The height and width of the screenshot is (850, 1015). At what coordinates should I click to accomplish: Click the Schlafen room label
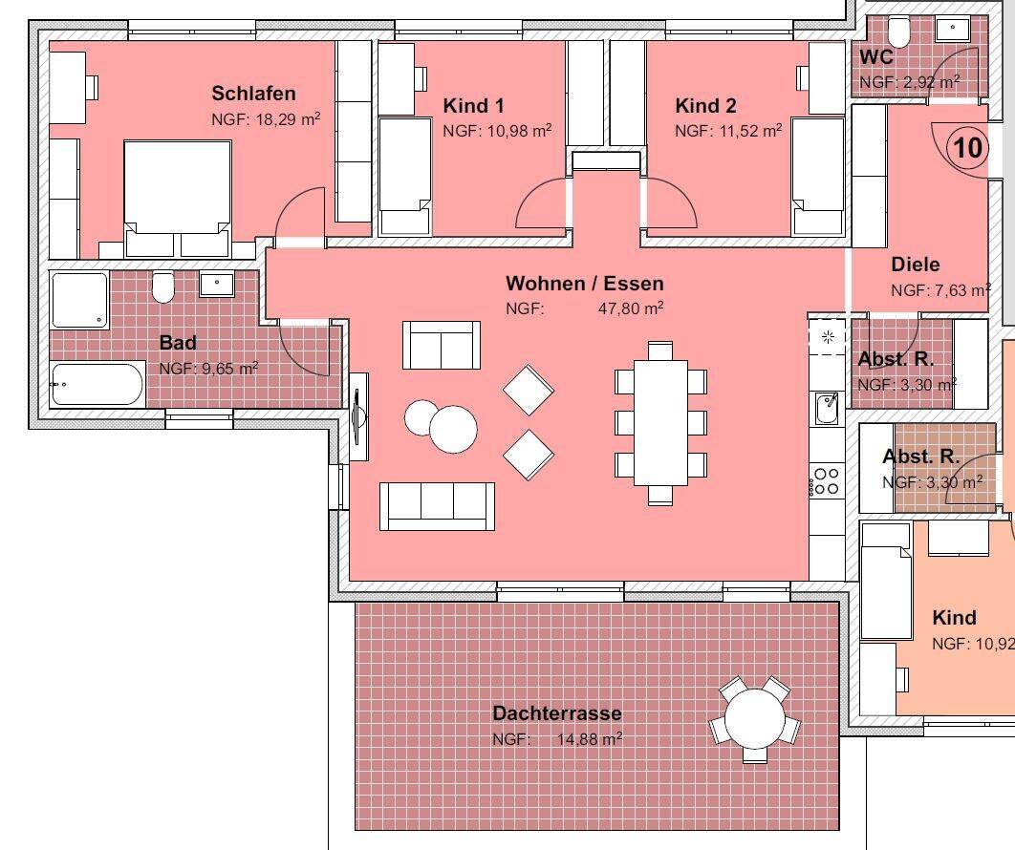click(254, 94)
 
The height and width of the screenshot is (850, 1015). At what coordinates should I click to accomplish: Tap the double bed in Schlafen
click(178, 199)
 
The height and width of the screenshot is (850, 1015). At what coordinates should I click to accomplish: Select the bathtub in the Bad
click(97, 384)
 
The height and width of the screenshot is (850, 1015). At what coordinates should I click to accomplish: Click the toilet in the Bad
click(163, 287)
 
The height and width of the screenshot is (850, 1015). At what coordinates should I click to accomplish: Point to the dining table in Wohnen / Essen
click(660, 422)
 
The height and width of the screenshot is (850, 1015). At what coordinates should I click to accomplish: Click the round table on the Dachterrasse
click(754, 718)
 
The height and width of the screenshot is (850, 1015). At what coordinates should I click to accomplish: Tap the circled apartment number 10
click(968, 148)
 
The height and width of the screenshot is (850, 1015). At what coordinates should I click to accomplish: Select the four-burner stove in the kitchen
click(826, 481)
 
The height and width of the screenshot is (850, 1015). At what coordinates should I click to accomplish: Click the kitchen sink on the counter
click(827, 408)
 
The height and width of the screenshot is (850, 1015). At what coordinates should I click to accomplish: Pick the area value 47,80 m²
click(631, 308)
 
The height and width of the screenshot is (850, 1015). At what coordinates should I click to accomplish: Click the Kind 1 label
click(473, 106)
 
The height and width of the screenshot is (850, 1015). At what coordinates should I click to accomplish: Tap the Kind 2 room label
click(705, 106)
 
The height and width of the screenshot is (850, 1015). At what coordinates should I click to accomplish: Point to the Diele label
click(916, 265)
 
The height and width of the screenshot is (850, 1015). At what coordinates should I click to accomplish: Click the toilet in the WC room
click(898, 30)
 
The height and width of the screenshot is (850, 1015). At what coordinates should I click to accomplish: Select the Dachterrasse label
click(556, 713)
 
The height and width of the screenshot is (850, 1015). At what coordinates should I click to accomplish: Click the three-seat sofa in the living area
click(437, 506)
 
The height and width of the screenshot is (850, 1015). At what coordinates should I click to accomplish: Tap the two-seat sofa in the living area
click(442, 345)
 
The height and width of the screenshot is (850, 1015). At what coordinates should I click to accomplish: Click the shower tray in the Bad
click(79, 300)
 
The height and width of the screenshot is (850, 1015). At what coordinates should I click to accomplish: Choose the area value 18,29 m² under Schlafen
click(266, 119)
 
